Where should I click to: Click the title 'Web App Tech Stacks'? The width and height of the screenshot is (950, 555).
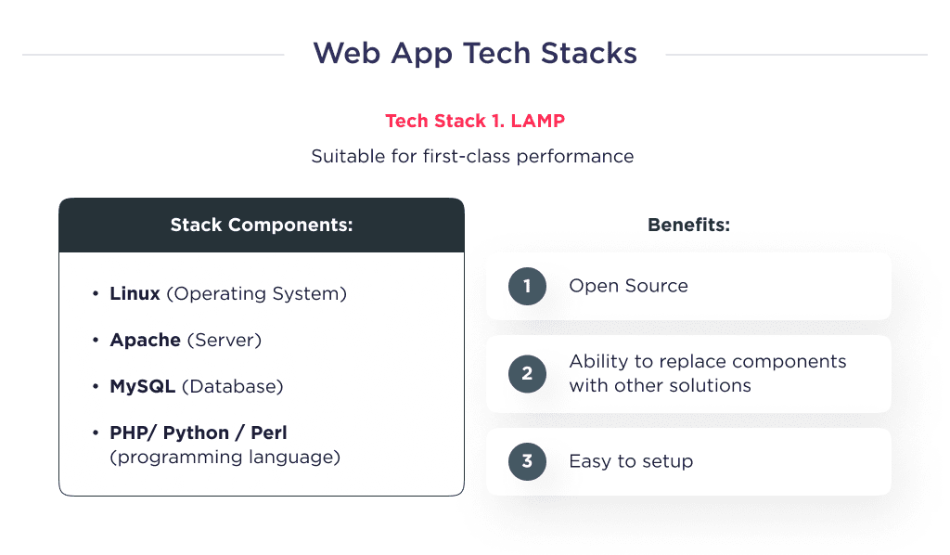(x=475, y=53)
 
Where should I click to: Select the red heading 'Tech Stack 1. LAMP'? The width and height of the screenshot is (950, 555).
(x=475, y=122)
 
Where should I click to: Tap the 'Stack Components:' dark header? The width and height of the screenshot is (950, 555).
(x=262, y=226)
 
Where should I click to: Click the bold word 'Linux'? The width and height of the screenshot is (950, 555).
(x=135, y=294)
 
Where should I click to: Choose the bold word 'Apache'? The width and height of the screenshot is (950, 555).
(x=145, y=341)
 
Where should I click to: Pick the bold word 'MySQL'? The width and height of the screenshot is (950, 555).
(x=142, y=386)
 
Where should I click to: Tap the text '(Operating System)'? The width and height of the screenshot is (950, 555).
(x=256, y=294)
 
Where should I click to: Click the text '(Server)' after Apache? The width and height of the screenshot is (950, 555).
(x=225, y=341)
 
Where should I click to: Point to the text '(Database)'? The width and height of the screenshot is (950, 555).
(x=232, y=386)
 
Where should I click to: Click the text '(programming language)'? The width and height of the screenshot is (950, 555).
(x=225, y=457)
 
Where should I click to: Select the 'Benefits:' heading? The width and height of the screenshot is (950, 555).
(x=688, y=226)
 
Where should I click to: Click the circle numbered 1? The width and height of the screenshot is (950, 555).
(x=527, y=286)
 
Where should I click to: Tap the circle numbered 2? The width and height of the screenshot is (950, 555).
(x=527, y=374)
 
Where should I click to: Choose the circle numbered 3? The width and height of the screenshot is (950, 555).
(x=527, y=461)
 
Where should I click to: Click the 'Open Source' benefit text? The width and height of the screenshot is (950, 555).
(x=628, y=286)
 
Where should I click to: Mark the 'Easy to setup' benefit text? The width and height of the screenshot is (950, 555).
(x=631, y=461)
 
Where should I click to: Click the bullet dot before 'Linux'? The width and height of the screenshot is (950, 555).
(x=96, y=294)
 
